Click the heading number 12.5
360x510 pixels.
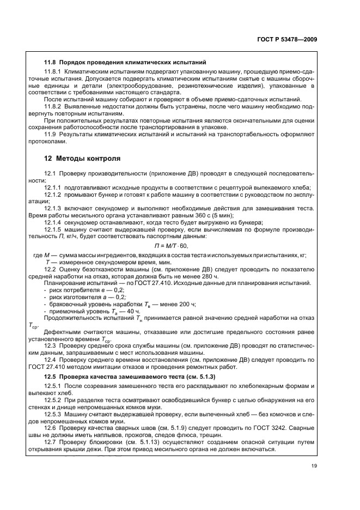coord(50,378)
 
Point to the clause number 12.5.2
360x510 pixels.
coord(53,400)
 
